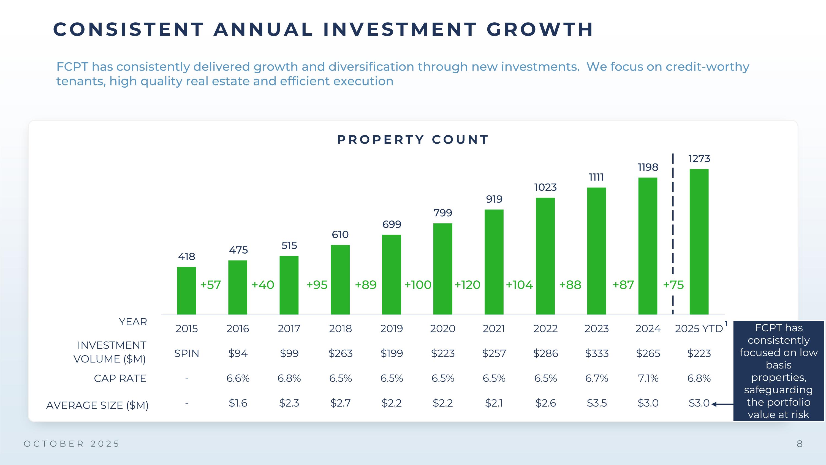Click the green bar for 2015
186,291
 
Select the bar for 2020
442,269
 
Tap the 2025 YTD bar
699,242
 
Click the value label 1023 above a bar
545,187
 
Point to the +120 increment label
467,285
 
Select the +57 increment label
210,285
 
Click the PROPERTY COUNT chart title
413,139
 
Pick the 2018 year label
340,329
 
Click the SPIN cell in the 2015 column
186,353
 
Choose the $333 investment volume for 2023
596,353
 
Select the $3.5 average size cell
596,403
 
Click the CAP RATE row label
120,378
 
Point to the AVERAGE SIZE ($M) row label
97,405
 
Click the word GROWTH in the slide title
540,29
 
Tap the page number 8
800,444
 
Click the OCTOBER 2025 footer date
72,444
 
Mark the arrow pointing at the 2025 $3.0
722,404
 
